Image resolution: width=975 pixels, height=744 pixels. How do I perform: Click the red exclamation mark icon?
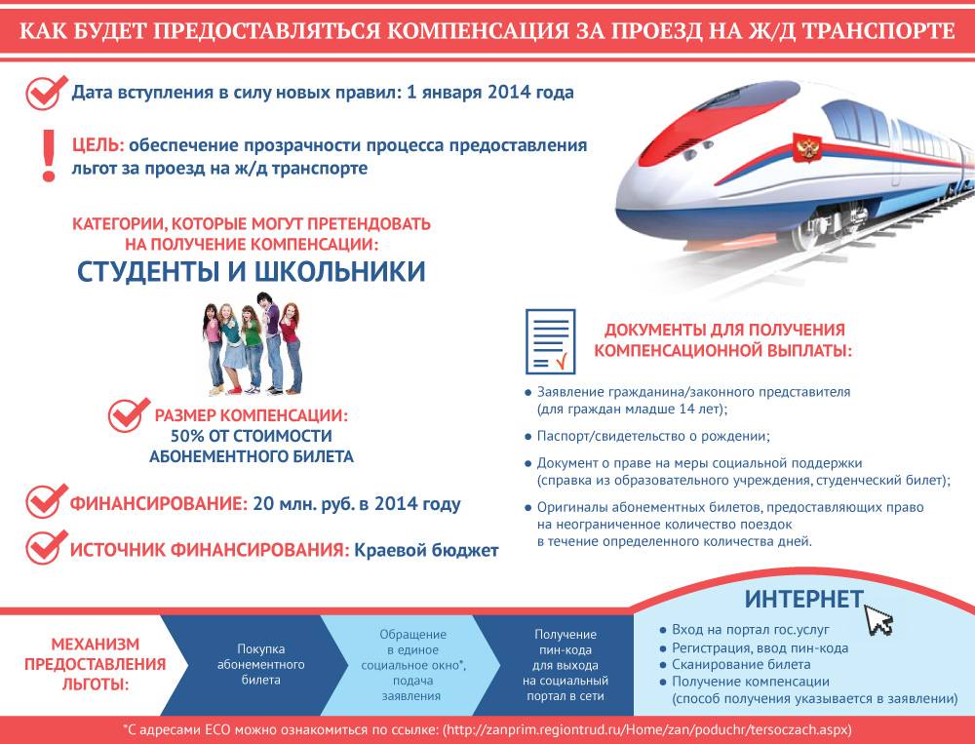click(49, 156)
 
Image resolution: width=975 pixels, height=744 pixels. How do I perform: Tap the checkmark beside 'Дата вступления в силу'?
click(46, 93)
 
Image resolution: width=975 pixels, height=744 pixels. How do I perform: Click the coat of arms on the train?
click(806, 148)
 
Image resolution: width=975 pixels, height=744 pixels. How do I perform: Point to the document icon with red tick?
click(550, 341)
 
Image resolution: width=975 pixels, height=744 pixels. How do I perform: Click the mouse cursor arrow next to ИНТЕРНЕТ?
click(878, 618)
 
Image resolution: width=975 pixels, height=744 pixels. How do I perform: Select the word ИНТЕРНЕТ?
click(803, 599)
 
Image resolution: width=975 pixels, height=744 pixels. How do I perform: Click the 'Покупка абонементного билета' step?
click(260, 664)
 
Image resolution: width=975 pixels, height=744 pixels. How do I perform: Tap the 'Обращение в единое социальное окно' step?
click(412, 665)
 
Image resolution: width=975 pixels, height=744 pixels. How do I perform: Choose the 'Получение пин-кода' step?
click(565, 665)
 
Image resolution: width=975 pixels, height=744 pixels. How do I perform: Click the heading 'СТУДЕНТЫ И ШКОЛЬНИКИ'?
click(252, 272)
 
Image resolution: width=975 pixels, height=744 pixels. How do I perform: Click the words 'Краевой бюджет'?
click(427, 551)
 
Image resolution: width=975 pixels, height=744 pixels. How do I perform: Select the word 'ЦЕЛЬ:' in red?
click(98, 145)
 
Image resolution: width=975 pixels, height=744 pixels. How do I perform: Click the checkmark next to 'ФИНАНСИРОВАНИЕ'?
click(46, 501)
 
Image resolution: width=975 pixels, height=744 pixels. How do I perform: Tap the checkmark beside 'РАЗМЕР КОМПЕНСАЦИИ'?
click(128, 415)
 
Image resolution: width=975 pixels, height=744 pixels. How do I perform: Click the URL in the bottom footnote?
click(646, 729)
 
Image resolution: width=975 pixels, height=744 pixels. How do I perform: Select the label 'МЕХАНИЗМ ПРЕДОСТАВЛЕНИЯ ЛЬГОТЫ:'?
click(96, 664)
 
